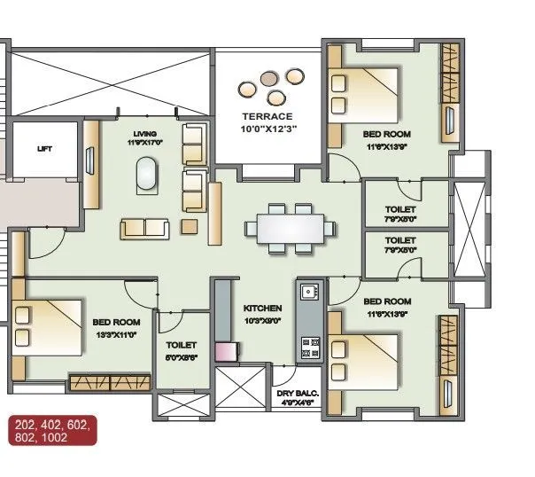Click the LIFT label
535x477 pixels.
click(x=44, y=149)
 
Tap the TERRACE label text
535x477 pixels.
click(x=267, y=117)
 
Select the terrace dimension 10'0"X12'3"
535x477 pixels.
click(x=267, y=129)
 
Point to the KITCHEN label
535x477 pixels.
click(x=262, y=308)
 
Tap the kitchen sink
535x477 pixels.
click(x=309, y=292)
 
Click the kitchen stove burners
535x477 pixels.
click(x=311, y=347)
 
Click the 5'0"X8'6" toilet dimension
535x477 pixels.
click(x=181, y=358)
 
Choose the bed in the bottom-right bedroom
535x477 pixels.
click(x=363, y=355)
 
